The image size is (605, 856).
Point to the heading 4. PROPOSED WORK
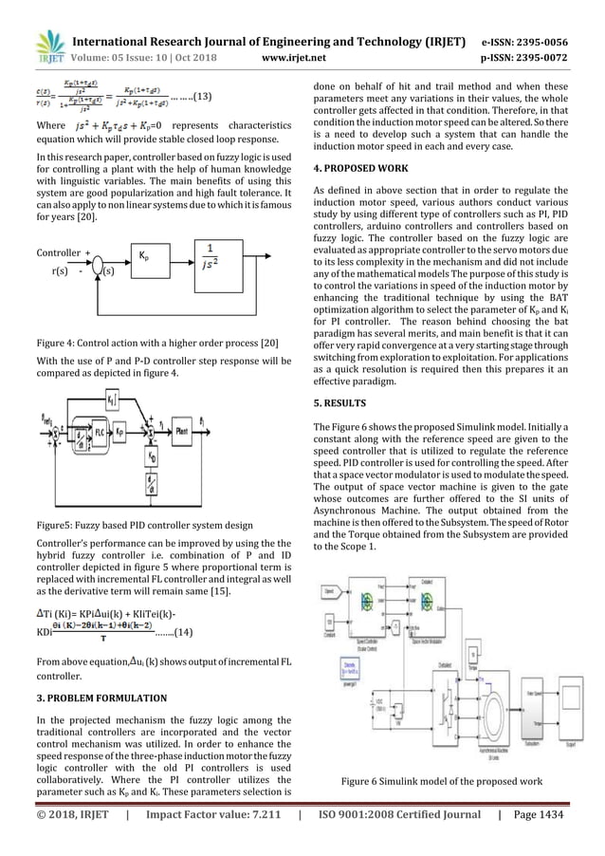coord(362,168)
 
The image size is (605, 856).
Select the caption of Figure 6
coord(451,780)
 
